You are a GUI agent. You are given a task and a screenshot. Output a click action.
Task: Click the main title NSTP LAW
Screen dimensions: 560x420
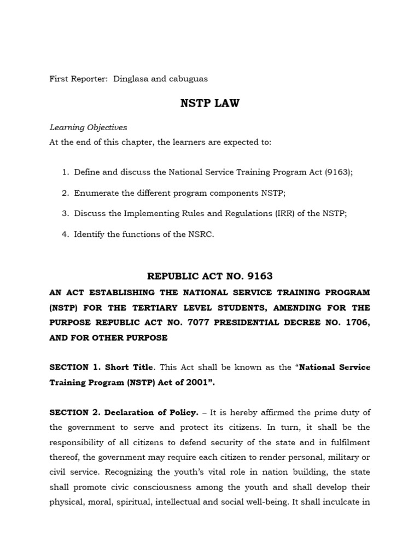click(x=210, y=103)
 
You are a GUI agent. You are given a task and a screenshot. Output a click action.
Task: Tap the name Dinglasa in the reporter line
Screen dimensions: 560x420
click(x=130, y=79)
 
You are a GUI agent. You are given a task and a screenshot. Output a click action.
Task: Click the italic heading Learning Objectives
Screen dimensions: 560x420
click(x=88, y=127)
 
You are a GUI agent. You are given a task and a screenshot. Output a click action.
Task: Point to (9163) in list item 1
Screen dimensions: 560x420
click(x=339, y=172)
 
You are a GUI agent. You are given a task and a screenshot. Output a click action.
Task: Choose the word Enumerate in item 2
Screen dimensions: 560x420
click(x=96, y=192)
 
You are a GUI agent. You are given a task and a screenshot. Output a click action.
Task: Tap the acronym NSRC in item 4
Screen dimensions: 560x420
click(x=201, y=234)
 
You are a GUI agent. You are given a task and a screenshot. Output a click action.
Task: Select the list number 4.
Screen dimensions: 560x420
click(x=65, y=234)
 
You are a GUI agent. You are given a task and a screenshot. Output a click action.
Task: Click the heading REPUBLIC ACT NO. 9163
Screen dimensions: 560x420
click(x=210, y=276)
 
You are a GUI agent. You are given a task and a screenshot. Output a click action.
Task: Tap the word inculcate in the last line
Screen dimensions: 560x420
click(x=341, y=502)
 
